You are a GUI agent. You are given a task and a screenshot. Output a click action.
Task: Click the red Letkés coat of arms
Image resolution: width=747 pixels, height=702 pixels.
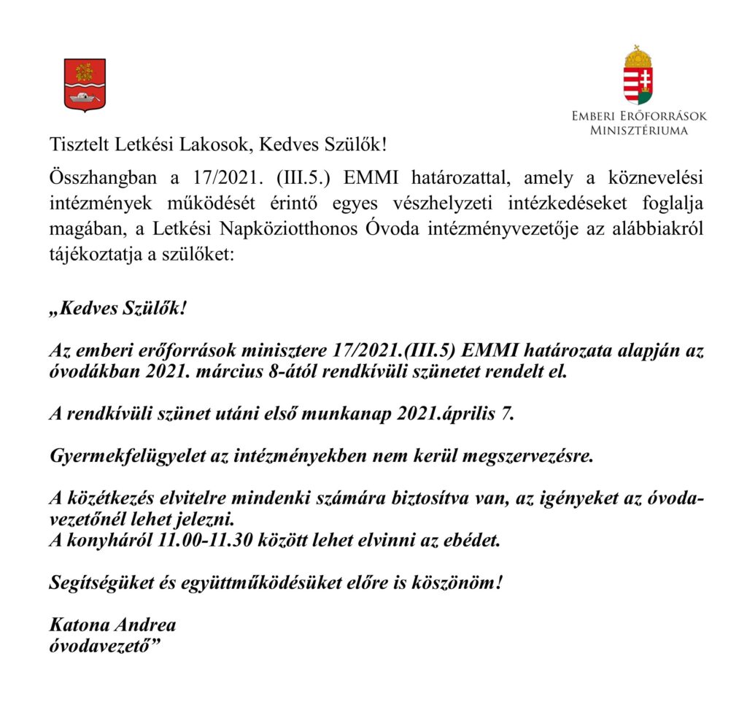85,84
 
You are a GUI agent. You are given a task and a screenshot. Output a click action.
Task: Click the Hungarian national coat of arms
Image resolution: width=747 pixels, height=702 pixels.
638,76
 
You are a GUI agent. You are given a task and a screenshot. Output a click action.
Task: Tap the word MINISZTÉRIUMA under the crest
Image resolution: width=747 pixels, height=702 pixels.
638,131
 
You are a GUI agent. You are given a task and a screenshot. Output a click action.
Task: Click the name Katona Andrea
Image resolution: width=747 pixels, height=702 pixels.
112,625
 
